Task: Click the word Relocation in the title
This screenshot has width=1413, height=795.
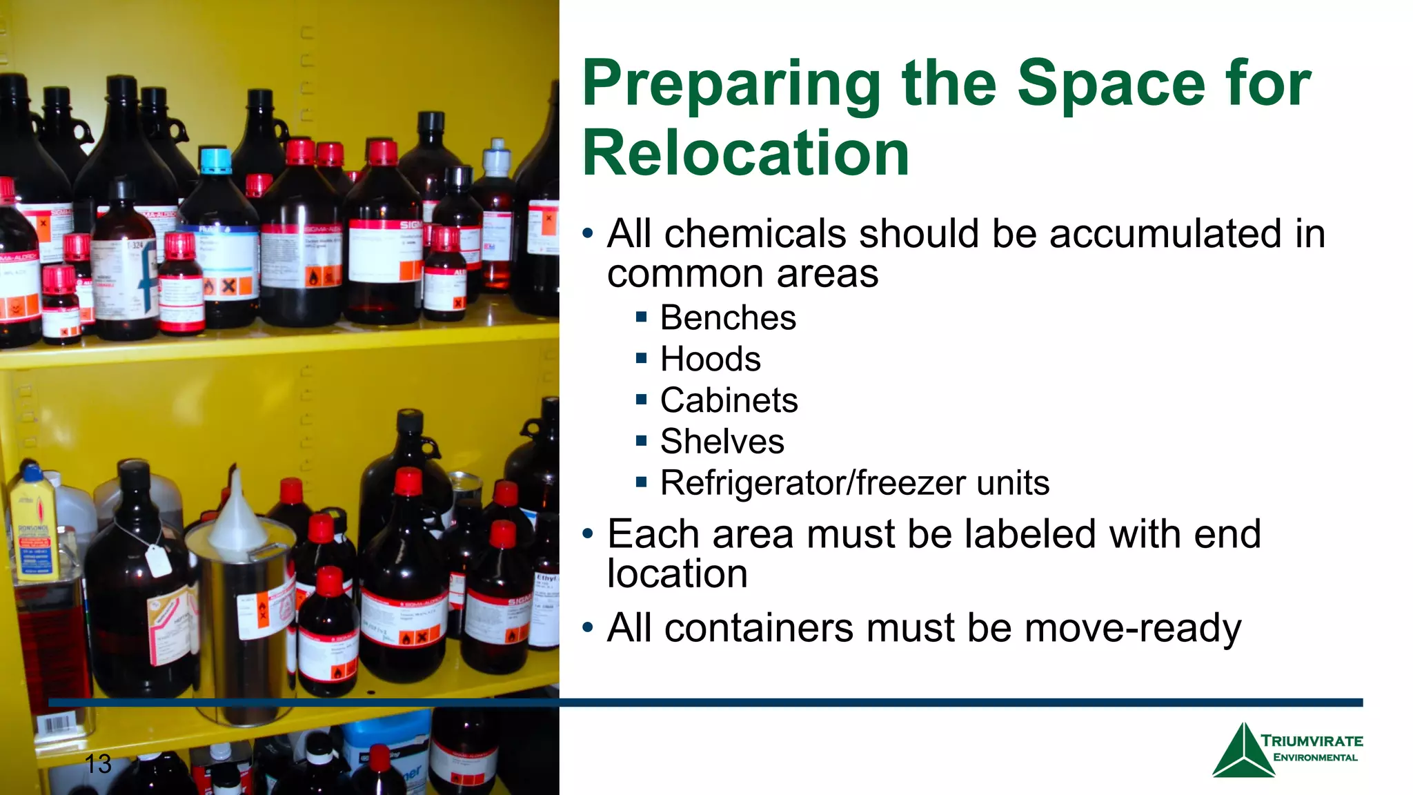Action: (745, 153)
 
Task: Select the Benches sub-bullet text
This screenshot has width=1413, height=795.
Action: (728, 318)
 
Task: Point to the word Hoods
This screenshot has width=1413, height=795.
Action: (710, 360)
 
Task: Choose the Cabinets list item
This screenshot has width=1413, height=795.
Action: (729, 400)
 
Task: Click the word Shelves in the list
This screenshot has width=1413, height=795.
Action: (722, 442)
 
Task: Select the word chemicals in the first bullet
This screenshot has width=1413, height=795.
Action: (755, 234)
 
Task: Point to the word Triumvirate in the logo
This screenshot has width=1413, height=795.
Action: (1312, 741)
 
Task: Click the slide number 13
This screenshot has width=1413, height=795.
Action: (98, 764)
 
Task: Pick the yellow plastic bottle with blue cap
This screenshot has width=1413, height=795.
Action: (32, 524)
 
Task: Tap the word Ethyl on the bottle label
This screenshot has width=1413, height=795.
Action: (546, 578)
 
